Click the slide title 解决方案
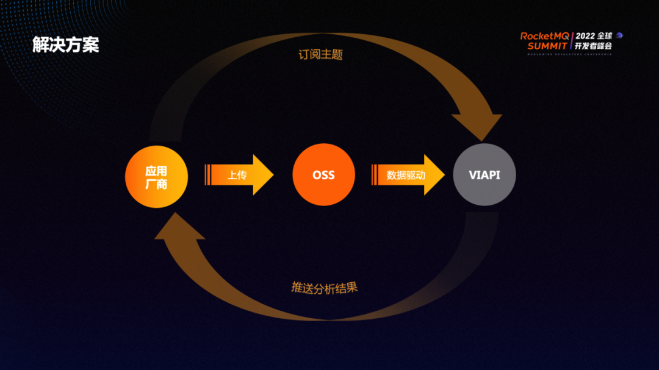65,45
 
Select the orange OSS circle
323,175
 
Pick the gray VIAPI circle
484,175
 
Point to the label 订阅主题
320,54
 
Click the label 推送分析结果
324,288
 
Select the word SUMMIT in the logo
547,46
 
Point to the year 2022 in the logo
585,36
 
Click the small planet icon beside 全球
619,35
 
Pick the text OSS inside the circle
323,175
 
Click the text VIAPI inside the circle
484,175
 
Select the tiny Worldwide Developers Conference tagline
569,53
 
